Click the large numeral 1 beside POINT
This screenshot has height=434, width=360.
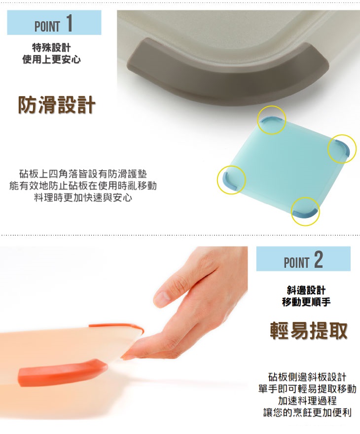[x=70, y=23]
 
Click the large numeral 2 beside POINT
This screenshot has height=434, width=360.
[x=318, y=259]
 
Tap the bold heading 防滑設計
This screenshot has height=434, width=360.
[x=57, y=105]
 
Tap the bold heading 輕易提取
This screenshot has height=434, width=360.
[x=309, y=330]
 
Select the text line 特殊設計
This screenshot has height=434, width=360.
[x=51, y=47]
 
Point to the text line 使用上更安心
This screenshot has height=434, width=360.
[x=51, y=59]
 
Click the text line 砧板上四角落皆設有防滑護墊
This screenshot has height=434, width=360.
[x=83, y=174]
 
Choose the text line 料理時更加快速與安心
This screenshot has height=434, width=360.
[x=83, y=197]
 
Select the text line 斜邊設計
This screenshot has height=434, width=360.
[x=306, y=290]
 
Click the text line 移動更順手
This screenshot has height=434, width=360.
[x=306, y=302]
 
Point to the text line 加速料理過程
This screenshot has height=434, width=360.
[x=307, y=400]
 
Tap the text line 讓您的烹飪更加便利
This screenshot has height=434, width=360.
[x=307, y=412]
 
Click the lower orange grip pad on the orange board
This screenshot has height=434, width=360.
[x=62, y=372]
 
